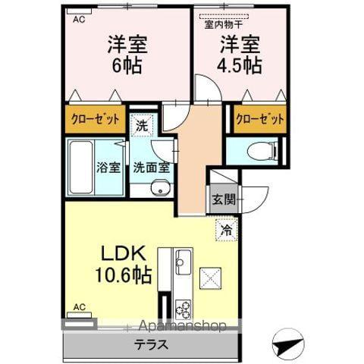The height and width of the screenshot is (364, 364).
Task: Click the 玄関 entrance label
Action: click(224, 200)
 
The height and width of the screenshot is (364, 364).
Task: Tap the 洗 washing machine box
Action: click(140, 127)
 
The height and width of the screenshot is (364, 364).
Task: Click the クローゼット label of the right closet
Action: click(259, 119)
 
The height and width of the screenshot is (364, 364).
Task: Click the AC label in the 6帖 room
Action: click(77, 20)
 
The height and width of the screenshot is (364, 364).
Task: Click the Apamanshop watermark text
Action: click(179, 328)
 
